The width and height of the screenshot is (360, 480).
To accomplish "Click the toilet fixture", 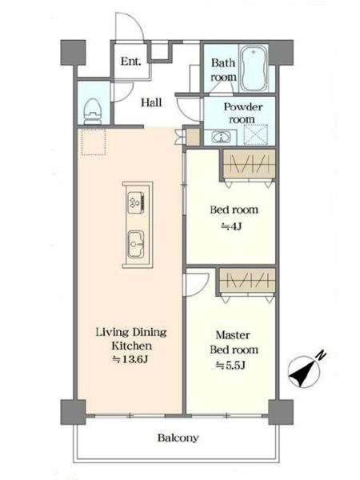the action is tap(93, 112).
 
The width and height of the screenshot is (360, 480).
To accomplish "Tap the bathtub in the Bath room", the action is tap(254, 68).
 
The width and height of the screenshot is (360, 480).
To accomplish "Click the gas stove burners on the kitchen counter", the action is tap(136, 202).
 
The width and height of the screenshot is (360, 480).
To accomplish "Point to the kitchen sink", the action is tap(136, 244).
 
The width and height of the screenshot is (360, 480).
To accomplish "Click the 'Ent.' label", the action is tap(131, 62).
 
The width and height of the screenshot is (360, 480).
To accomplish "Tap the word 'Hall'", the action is tap(151, 102).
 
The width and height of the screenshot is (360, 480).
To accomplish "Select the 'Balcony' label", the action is tap(178, 438).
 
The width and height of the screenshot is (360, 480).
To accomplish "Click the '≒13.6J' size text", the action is tap(130, 359).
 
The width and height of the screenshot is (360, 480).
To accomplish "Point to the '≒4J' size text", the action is tap(232, 226).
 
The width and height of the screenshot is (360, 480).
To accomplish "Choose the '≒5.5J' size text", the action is tap(230, 366).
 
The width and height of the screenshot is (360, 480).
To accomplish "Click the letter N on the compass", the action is tap(321, 355).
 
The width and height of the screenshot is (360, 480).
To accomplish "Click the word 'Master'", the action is tap(233, 335).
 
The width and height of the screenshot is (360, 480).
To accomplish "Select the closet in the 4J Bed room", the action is tap(249, 164).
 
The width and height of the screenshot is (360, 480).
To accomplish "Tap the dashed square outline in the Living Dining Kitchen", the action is tap(94, 142).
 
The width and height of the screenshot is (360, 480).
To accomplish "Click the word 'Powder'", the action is tap(243, 107).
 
